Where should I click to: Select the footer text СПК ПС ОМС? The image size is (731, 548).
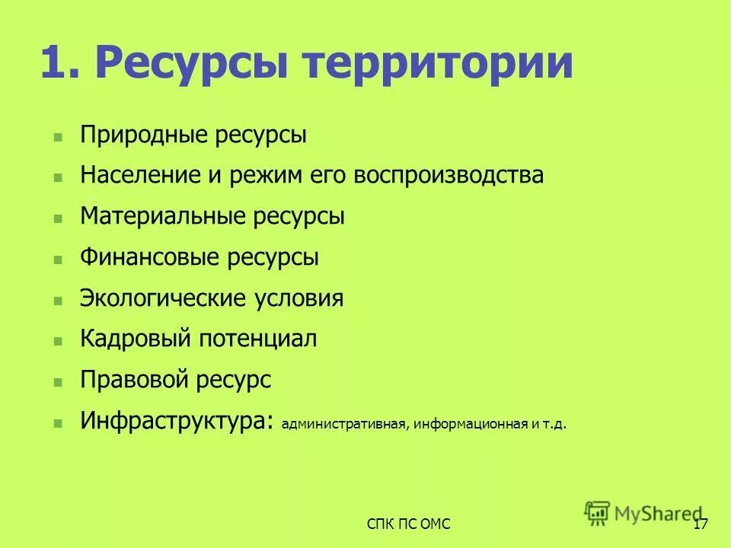tap(408, 524)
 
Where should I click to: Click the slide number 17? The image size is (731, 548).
tap(701, 524)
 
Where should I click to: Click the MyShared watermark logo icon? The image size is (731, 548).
tap(598, 513)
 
